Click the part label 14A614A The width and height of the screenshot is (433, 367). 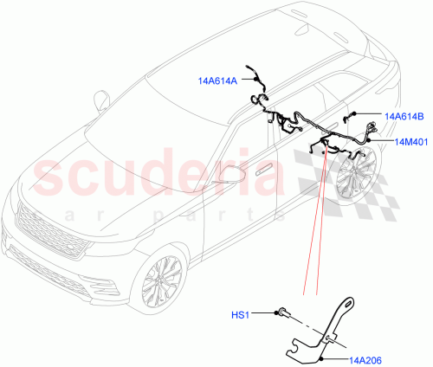[216, 80]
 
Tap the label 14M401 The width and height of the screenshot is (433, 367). [412, 141]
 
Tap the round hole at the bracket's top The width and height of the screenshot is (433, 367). [349, 303]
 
